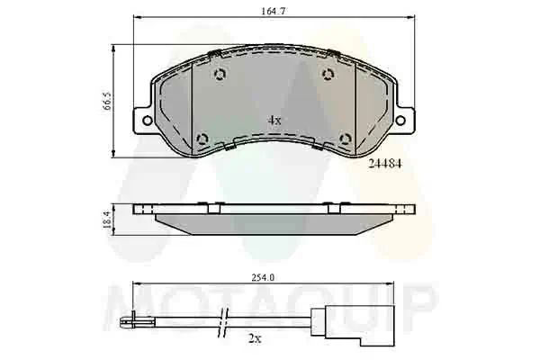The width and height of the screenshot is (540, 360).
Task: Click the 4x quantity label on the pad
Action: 274,119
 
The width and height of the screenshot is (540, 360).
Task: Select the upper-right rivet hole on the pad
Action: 327,75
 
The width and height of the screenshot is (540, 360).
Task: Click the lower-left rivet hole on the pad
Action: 202,138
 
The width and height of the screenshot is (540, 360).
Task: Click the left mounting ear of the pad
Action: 142,120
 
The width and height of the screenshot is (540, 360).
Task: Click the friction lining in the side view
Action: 274,221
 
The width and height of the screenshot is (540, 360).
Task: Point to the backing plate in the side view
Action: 274,209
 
